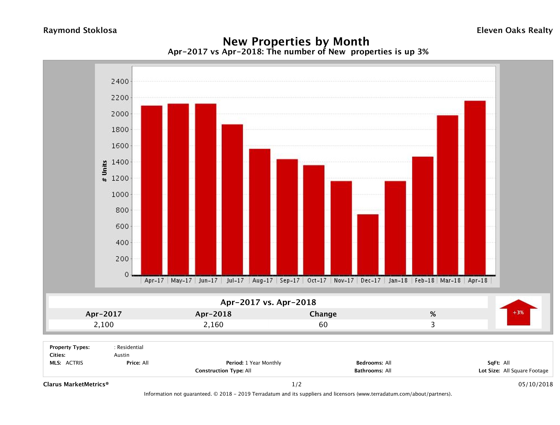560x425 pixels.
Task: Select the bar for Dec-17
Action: point(368,245)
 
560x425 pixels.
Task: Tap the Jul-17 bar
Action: point(232,200)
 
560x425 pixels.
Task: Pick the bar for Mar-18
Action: point(448,195)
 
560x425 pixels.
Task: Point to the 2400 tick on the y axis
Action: point(120,82)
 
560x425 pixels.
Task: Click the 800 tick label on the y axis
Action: point(122,210)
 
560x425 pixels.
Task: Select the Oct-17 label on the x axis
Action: point(317,281)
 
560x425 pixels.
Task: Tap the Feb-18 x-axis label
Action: point(424,281)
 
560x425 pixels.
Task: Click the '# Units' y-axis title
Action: point(104,171)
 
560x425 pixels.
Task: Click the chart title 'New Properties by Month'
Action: point(296,41)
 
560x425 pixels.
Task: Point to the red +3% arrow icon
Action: point(518,312)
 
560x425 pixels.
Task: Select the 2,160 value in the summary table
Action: point(213,325)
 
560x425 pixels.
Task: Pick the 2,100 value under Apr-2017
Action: point(104,325)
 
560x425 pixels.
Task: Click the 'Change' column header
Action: point(323,314)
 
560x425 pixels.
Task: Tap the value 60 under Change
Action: point(323,325)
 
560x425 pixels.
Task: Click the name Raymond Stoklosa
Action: point(80,30)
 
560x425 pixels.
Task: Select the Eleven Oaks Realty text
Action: point(514,30)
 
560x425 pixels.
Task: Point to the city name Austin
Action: point(121,355)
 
